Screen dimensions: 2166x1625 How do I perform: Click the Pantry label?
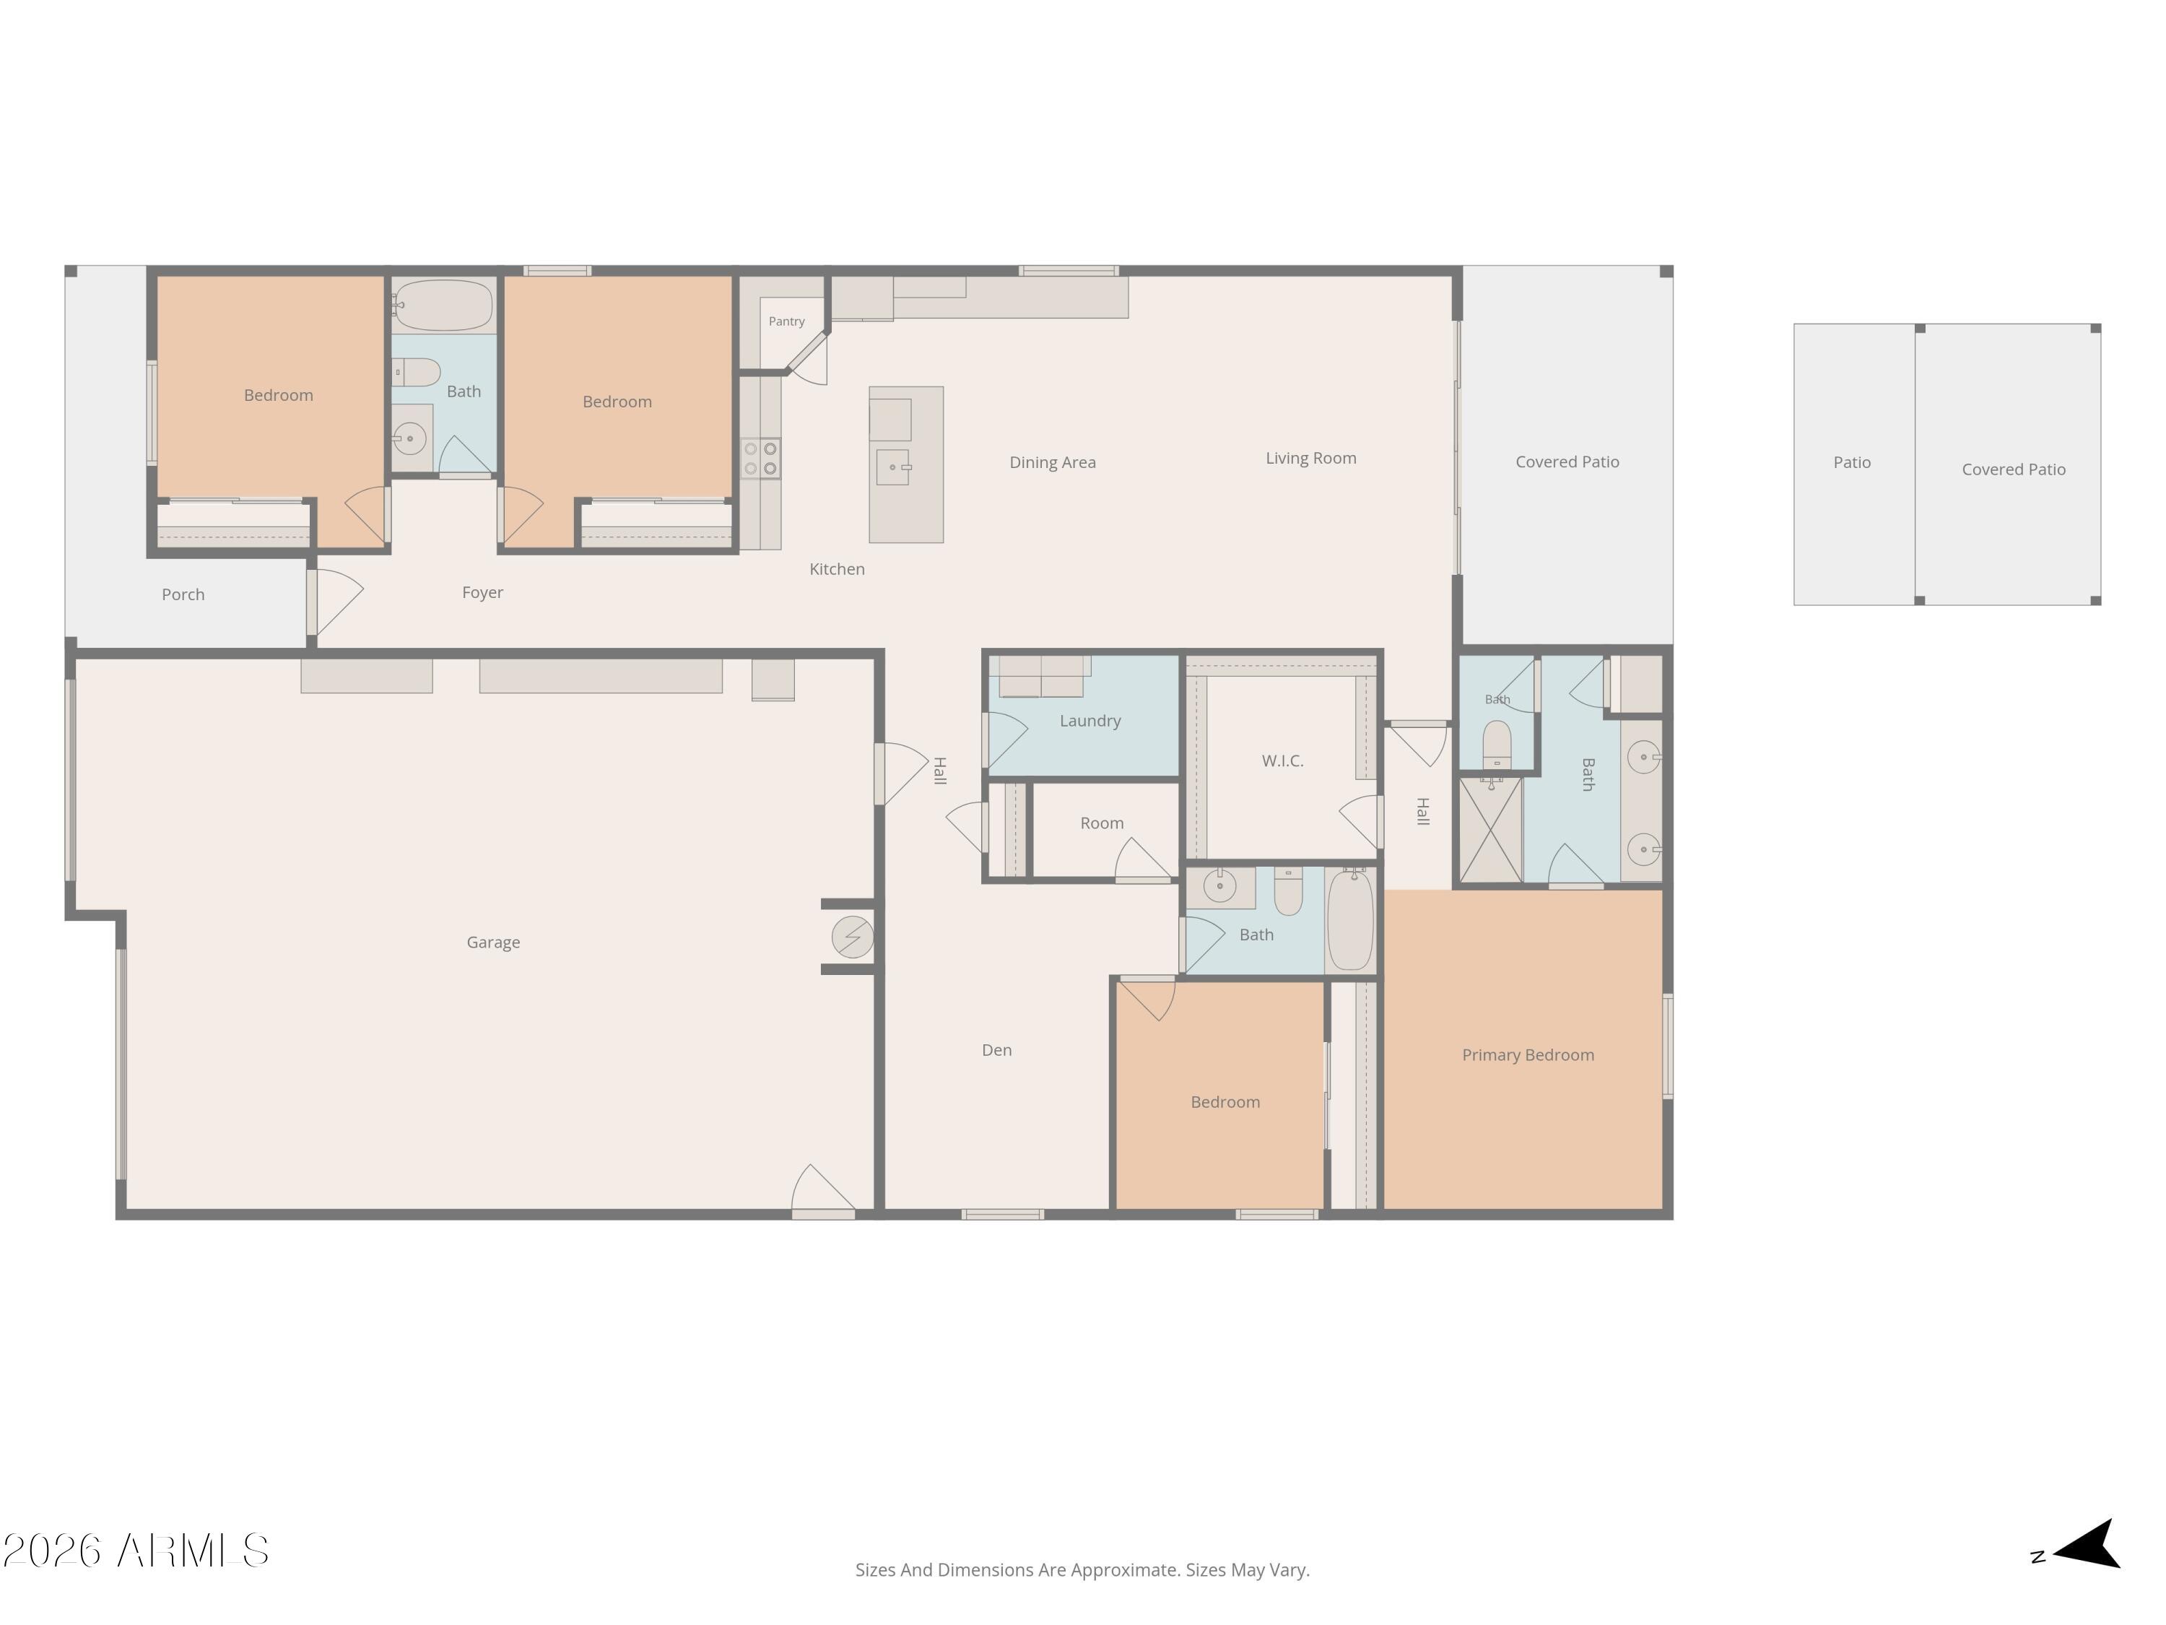pyautogui.click(x=786, y=321)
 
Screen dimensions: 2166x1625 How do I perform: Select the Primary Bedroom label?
pyautogui.click(x=1528, y=1055)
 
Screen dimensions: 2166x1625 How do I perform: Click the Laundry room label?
pyautogui.click(x=1089, y=721)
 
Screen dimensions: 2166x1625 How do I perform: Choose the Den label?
pyautogui.click(x=997, y=1050)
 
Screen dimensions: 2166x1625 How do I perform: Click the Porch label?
pyautogui.click(x=183, y=594)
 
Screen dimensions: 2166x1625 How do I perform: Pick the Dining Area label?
pyautogui.click(x=1053, y=462)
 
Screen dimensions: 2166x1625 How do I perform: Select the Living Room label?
pyautogui.click(x=1311, y=459)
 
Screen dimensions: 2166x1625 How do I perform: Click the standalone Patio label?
pyautogui.click(x=1852, y=462)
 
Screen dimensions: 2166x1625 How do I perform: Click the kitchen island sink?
pyautogui.click(x=893, y=467)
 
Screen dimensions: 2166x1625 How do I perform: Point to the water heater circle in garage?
pyautogui.click(x=853, y=937)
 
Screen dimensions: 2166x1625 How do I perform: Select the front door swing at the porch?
pyautogui.click(x=336, y=602)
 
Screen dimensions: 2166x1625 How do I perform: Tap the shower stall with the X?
pyautogui.click(x=1490, y=831)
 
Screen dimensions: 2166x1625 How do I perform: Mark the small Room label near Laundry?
pyautogui.click(x=1102, y=824)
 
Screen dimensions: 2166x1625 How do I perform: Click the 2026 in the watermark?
pyautogui.click(x=53, y=1551)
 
